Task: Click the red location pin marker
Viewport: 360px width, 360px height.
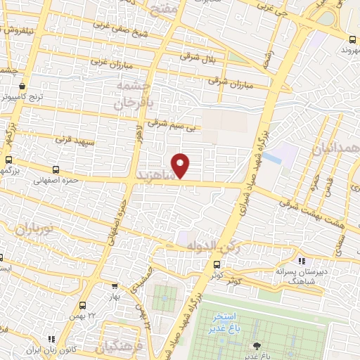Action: (x=181, y=165)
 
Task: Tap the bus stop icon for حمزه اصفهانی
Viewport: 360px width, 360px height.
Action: (x=57, y=169)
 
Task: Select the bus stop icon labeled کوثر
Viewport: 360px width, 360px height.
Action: (x=217, y=265)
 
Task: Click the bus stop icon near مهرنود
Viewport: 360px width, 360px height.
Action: (x=352, y=39)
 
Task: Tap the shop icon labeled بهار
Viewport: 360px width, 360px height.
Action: (x=115, y=286)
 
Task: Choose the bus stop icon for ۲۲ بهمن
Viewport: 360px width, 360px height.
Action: (x=83, y=305)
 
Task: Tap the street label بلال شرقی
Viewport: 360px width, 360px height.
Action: (x=195, y=56)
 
